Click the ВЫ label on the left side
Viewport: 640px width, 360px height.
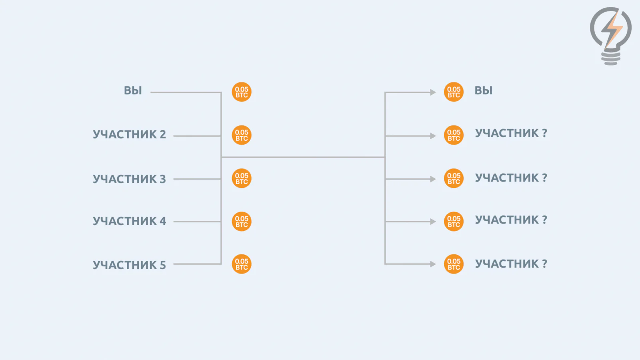[133, 90]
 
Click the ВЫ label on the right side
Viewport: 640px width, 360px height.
[484, 90]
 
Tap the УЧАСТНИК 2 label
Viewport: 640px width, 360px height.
[130, 134]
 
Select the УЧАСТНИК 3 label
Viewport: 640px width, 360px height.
[130, 179]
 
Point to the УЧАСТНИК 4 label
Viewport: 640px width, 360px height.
[130, 221]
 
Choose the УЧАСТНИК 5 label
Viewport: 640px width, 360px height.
[130, 265]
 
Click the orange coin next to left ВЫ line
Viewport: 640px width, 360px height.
[242, 92]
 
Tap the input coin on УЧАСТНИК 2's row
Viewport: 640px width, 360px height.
[242, 135]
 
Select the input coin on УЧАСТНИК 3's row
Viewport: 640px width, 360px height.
[242, 178]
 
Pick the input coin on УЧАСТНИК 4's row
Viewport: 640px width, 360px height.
[242, 222]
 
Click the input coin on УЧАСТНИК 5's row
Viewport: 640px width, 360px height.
[242, 264]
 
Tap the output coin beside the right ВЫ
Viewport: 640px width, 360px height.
[454, 92]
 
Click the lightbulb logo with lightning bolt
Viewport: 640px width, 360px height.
[611, 36]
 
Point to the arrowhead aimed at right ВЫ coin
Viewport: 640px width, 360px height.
[433, 92]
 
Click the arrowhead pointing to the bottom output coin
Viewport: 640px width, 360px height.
[433, 264]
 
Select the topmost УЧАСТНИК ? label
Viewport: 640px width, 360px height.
[511, 133]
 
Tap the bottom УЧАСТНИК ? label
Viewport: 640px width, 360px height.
[511, 264]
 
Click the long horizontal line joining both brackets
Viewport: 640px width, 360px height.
[303, 157]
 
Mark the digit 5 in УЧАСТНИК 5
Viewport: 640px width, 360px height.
[162, 265]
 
